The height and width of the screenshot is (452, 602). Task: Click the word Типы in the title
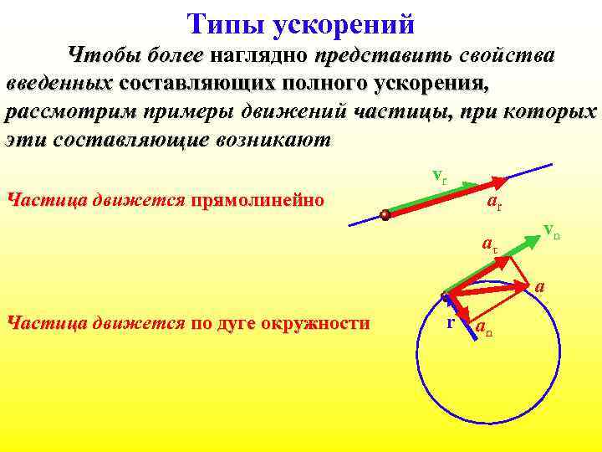(x=224, y=24)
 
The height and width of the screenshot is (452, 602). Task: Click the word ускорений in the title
(x=343, y=25)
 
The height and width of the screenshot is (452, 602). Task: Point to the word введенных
(x=59, y=85)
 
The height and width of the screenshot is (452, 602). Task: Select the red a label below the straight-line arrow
(x=494, y=203)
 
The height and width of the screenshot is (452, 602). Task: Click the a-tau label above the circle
(x=489, y=245)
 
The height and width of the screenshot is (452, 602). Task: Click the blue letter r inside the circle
(x=450, y=321)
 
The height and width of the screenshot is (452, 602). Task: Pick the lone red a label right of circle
(x=540, y=286)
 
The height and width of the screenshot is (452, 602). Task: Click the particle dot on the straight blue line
(x=385, y=215)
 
